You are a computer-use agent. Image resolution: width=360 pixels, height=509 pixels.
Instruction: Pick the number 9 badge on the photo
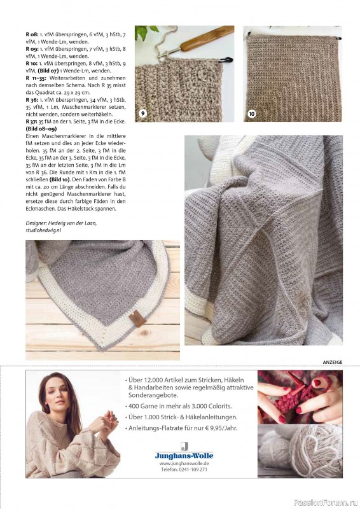click(x=144, y=113)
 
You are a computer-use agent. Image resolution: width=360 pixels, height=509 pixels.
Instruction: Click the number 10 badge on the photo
click(x=251, y=113)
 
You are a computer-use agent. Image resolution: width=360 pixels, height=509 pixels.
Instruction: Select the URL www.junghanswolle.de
click(x=184, y=464)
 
